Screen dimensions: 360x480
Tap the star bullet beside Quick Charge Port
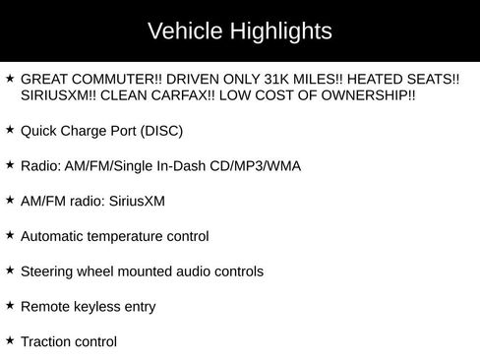(10, 129)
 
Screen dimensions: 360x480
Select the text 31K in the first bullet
(246, 79)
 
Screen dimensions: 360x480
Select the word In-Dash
(184, 165)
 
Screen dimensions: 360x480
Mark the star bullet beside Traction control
(10, 341)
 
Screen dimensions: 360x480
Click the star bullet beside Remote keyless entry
(10, 306)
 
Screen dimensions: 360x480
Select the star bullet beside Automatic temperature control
(10, 235)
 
